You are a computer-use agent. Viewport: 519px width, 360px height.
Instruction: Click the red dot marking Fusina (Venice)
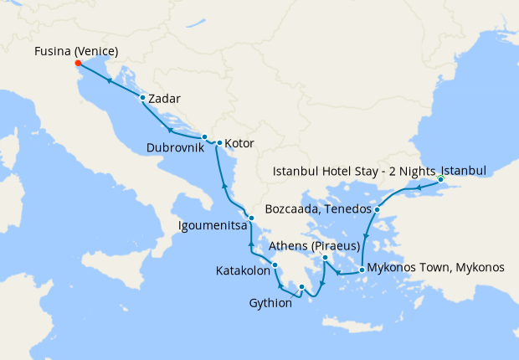coord(77,64)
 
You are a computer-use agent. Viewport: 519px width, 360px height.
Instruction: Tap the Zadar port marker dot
coord(143,98)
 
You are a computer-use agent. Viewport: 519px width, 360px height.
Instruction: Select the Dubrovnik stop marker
coord(204,136)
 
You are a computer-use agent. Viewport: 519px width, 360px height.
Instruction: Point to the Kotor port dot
coord(219,143)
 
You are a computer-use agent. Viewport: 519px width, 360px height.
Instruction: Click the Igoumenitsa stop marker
coord(251,219)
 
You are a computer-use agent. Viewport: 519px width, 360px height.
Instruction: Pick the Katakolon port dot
coord(275,265)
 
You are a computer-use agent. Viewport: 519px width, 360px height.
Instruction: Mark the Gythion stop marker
coord(302,288)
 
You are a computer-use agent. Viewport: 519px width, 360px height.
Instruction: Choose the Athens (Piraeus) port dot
coord(326,259)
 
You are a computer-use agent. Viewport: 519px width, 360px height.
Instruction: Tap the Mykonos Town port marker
coord(361,270)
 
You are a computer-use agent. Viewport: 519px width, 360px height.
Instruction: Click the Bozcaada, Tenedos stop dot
coord(378,209)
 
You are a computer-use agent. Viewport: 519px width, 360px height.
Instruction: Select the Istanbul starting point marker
coord(440,180)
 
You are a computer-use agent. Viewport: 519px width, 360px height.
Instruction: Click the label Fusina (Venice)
coord(76,52)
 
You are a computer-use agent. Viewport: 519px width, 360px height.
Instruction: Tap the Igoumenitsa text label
coord(211,225)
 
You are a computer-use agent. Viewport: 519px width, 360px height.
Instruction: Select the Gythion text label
coord(270,303)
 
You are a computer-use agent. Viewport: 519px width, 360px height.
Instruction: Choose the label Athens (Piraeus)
coord(314,246)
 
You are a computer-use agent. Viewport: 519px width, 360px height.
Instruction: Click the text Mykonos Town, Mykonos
coord(435,268)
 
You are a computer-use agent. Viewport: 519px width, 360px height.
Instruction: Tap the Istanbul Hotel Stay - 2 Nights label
coord(355,172)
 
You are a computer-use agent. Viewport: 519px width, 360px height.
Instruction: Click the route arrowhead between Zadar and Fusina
coord(110,80)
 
